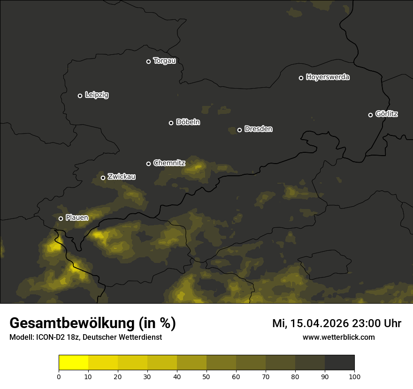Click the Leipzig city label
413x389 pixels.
(97, 95)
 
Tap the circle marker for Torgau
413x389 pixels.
(148, 61)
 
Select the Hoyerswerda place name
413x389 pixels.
(328, 77)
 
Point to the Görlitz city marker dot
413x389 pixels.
(370, 115)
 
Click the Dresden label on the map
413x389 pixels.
(258, 129)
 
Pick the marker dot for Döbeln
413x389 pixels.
(171, 123)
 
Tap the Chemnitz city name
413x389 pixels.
(169, 163)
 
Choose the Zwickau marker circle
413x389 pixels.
(103, 178)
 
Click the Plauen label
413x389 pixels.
(77, 217)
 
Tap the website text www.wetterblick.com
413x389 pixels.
(338, 337)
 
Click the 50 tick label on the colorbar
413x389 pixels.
(206, 376)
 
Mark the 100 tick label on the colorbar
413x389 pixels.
(354, 376)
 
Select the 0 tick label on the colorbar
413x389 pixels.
(59, 376)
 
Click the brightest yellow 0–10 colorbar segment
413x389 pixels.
(73, 363)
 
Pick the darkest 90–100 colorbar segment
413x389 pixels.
(339, 363)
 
